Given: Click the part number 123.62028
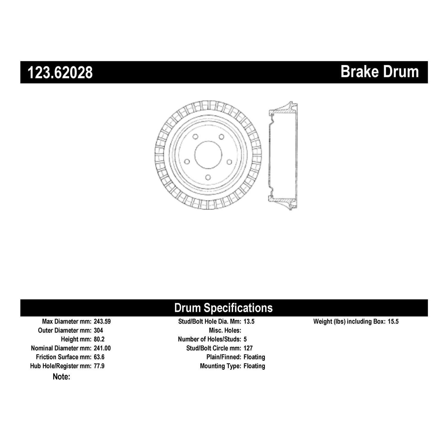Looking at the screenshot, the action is point(60,73).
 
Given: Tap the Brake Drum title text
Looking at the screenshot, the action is point(380,72).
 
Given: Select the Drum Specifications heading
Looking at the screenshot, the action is point(223,308).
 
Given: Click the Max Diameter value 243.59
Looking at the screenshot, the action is point(102,322).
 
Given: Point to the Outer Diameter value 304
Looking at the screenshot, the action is point(98,330).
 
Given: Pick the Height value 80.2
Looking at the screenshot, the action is point(99,339).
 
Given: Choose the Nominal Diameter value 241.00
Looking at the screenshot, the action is point(102,348).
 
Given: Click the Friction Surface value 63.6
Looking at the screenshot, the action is point(99,357).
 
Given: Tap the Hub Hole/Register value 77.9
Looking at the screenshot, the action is point(99,366).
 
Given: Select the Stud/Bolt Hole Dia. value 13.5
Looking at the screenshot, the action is point(249,322).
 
